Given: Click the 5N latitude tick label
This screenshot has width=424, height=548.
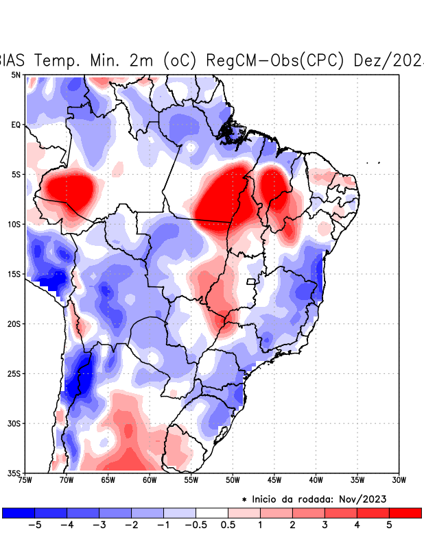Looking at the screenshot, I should (x=16, y=75).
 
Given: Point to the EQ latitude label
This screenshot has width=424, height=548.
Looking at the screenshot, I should (x=16, y=125).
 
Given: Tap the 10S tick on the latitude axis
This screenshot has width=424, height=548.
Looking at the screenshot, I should (x=14, y=224).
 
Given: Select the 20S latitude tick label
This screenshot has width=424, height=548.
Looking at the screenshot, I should (x=14, y=323).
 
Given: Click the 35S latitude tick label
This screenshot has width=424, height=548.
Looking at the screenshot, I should (x=14, y=473).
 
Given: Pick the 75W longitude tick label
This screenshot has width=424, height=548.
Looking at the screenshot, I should (x=26, y=480).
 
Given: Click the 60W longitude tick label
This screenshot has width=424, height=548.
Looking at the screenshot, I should (x=150, y=480).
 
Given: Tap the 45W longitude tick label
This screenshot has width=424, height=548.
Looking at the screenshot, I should (x=274, y=480).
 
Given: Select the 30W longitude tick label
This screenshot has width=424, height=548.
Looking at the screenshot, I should (x=398, y=480).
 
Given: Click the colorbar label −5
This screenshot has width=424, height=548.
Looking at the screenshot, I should (x=34, y=525).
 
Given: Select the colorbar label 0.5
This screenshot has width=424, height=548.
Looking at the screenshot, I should (x=228, y=525).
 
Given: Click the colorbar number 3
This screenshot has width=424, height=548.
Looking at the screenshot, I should (x=325, y=525).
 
